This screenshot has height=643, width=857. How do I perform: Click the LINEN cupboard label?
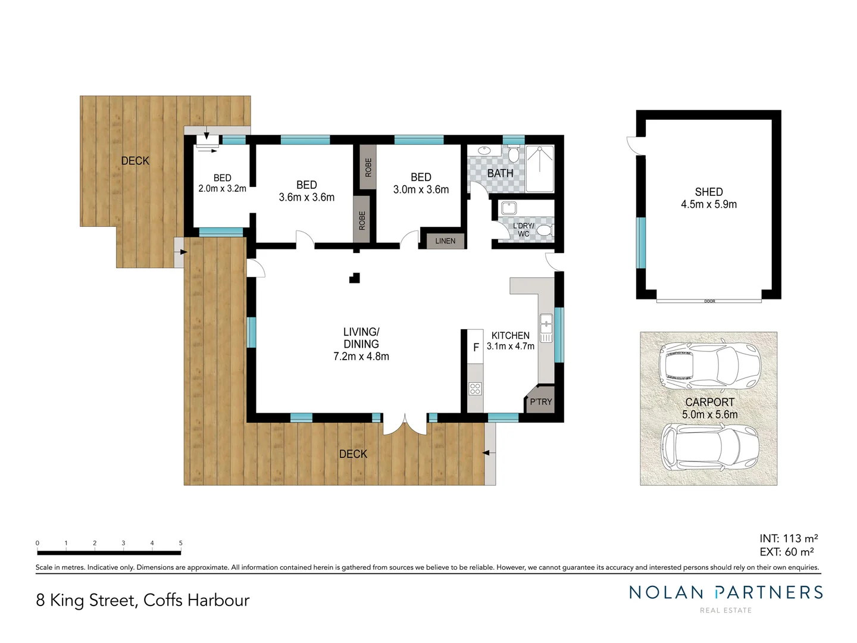[445, 241]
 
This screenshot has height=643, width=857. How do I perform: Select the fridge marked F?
[476, 347]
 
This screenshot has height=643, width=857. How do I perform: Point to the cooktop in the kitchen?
[475, 389]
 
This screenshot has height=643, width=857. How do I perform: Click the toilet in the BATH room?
[513, 155]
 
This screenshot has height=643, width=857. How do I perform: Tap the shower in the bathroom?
[540, 168]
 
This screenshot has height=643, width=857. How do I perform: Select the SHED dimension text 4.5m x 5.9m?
[709, 204]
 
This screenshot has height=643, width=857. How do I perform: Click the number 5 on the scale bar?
[180, 543]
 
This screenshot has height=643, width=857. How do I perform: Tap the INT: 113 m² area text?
[789, 538]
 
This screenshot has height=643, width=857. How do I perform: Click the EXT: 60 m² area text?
[787, 552]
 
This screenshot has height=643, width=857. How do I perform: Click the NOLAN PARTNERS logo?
[726, 592]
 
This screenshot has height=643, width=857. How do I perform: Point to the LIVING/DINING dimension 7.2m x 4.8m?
[361, 357]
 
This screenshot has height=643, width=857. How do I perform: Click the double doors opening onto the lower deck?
[405, 423]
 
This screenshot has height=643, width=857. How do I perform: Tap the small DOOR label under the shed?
[709, 301]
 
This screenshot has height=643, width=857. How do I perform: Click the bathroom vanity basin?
[484, 151]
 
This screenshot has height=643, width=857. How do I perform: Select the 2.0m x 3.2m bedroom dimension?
[222, 189]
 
